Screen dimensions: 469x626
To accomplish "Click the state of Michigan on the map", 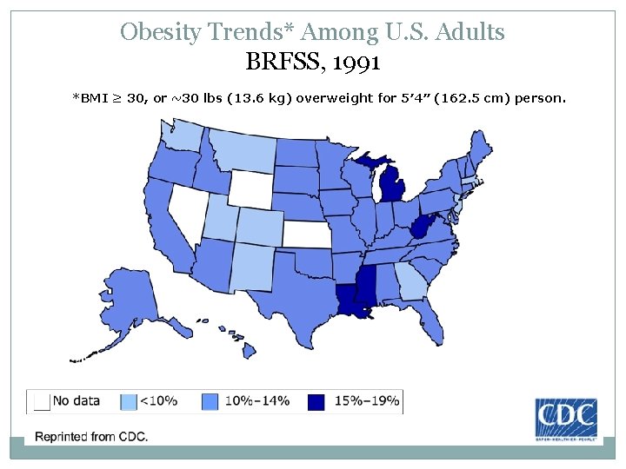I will (393, 188).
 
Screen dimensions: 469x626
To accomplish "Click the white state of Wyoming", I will (249, 185).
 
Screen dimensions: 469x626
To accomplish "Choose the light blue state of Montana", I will (238, 149).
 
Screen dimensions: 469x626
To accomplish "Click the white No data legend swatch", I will (40, 401).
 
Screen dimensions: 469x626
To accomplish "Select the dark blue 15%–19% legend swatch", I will (316, 401).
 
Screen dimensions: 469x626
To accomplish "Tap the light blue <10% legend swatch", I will (129, 401).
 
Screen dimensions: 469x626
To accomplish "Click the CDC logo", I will (565, 420).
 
